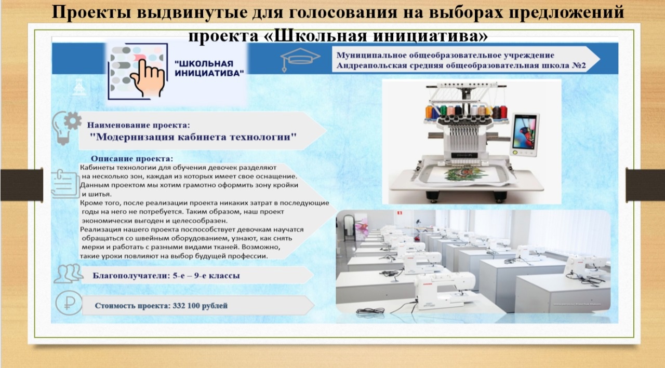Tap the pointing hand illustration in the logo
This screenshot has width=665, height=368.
148,78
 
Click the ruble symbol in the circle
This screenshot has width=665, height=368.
69,303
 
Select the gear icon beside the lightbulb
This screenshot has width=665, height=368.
73,121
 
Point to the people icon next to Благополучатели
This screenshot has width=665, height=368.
68,274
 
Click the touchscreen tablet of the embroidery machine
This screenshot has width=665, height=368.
525,135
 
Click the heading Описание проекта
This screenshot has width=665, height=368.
132,159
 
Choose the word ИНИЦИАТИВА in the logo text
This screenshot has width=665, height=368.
209,73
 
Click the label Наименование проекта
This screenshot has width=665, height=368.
138,126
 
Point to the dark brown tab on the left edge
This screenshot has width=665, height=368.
22,185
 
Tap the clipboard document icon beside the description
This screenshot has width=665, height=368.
65,184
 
